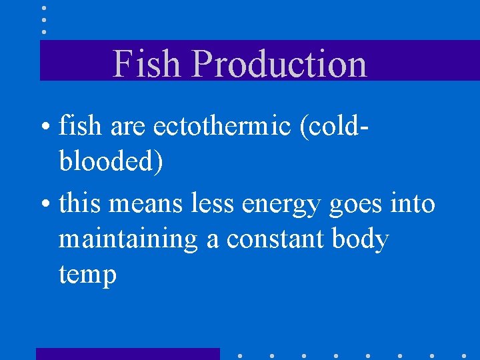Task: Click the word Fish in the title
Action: (147, 64)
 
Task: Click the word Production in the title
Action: (279, 64)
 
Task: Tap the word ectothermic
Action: (223, 125)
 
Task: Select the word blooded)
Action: (111, 162)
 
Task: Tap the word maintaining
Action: (128, 239)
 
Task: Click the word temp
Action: (87, 275)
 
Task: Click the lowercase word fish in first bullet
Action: (77, 125)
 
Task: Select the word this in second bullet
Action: (80, 204)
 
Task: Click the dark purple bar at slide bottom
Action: (127, 354)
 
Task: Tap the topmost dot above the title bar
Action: (44, 8)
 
